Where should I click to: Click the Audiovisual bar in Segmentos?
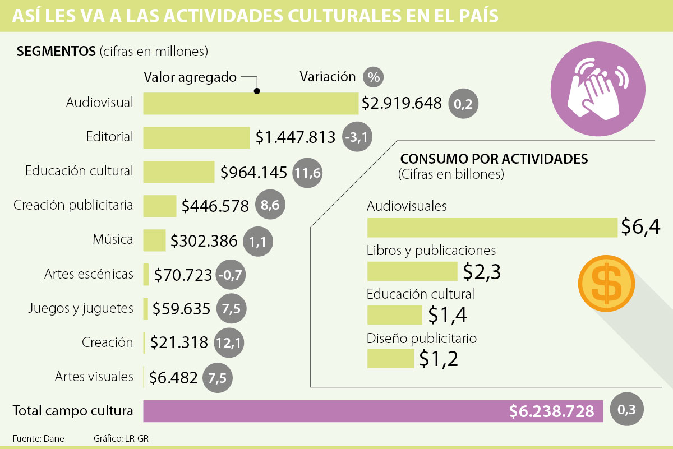point(250,103)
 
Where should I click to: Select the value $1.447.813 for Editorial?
point(296,137)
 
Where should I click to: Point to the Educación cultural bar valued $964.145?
point(179,172)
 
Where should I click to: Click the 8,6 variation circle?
point(270,206)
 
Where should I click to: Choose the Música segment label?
point(113,240)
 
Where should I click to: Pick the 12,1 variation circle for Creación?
point(229,343)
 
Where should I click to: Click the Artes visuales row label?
point(94,376)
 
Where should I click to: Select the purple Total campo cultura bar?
point(373,411)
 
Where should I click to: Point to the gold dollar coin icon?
point(606,284)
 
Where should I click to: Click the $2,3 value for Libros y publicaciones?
point(482,271)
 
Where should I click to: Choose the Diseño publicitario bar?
point(390,359)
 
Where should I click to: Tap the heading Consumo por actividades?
point(494,159)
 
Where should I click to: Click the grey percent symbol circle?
point(373,76)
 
